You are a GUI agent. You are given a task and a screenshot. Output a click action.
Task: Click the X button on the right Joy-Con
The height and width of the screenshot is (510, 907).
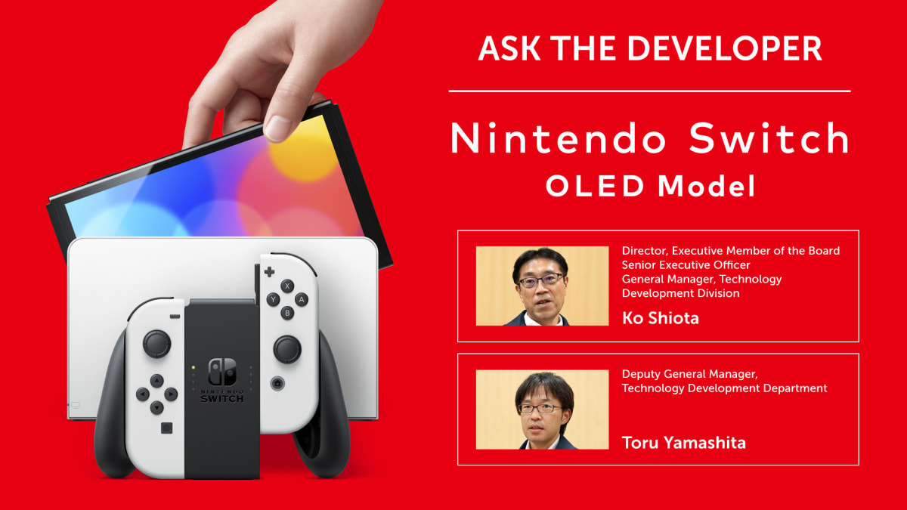point(287,286)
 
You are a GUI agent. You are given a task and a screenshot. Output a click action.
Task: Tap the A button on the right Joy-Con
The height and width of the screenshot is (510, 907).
point(301,300)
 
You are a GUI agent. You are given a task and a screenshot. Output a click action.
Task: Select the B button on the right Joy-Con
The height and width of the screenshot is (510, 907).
point(287,313)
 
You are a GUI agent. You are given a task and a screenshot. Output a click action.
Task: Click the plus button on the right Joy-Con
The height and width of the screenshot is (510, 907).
point(269,272)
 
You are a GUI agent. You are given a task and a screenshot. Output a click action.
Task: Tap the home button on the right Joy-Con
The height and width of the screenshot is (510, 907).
point(277,383)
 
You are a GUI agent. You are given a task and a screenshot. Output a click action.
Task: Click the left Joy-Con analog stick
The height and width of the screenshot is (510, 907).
point(156,344)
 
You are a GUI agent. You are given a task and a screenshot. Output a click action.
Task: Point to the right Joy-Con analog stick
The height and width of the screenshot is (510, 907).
point(287,349)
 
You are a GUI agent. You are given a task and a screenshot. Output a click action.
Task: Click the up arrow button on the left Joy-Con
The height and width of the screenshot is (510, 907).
point(156,381)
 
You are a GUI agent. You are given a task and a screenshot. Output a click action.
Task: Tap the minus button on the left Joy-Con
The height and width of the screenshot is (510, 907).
point(175,316)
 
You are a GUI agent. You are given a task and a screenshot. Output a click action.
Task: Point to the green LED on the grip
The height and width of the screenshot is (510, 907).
point(193,367)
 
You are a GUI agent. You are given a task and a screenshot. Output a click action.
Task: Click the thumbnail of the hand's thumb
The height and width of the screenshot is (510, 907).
point(277,129)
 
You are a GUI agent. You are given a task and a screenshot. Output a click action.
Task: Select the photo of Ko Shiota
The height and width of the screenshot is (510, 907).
point(542,286)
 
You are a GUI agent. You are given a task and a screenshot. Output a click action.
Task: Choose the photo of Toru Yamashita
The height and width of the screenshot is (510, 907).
point(542,410)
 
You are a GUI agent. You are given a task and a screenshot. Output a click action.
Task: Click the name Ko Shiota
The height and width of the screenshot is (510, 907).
point(661,318)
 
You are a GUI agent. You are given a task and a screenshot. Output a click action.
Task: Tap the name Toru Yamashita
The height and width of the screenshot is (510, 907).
point(683,443)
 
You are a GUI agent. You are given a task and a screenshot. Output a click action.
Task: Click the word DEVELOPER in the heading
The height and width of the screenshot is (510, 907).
point(724,48)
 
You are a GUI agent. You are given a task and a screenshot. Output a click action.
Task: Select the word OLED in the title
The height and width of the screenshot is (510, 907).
point(595,186)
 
